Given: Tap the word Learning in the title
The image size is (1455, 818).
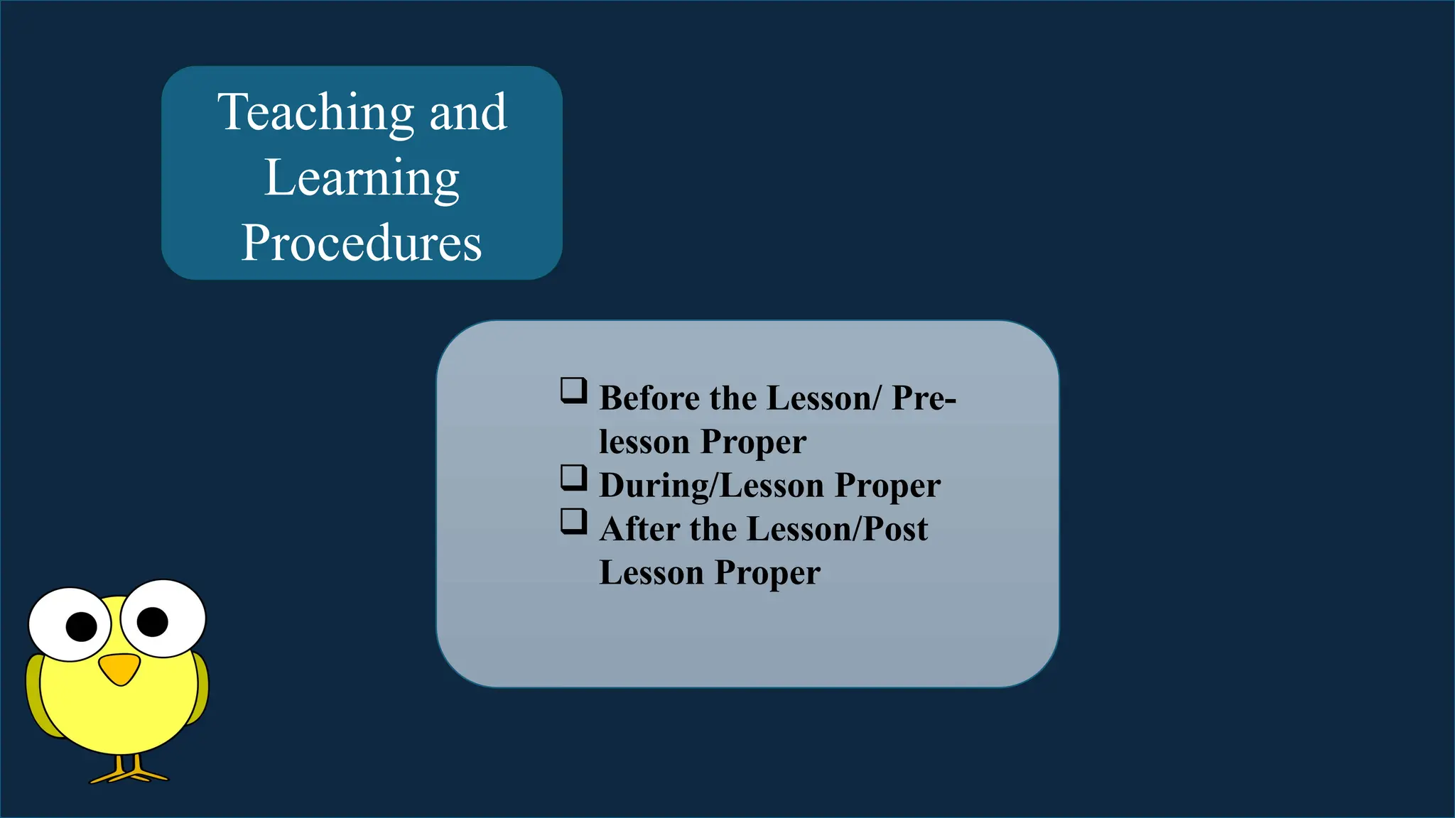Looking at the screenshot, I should (362, 178).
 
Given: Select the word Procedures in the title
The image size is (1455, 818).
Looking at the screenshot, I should (362, 243).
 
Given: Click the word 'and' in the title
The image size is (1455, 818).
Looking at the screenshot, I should (468, 113).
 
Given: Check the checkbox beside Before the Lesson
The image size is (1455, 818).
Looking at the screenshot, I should (573, 391).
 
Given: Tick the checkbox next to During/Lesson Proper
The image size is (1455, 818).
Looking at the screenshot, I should (573, 478).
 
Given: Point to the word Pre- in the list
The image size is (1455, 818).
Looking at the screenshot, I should (924, 398).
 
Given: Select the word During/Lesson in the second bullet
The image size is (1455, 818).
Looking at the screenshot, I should (712, 486).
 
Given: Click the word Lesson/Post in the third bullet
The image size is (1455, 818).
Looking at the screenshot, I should (837, 530).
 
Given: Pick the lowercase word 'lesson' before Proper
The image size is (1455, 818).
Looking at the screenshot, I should (644, 442).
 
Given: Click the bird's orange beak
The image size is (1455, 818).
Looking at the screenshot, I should (119, 668).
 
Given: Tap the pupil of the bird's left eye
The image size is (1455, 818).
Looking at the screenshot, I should (81, 626).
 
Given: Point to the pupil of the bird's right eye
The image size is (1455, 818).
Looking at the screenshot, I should (152, 622).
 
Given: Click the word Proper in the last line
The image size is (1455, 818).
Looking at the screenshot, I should (767, 573).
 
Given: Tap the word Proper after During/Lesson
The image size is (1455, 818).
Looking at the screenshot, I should (887, 486).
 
